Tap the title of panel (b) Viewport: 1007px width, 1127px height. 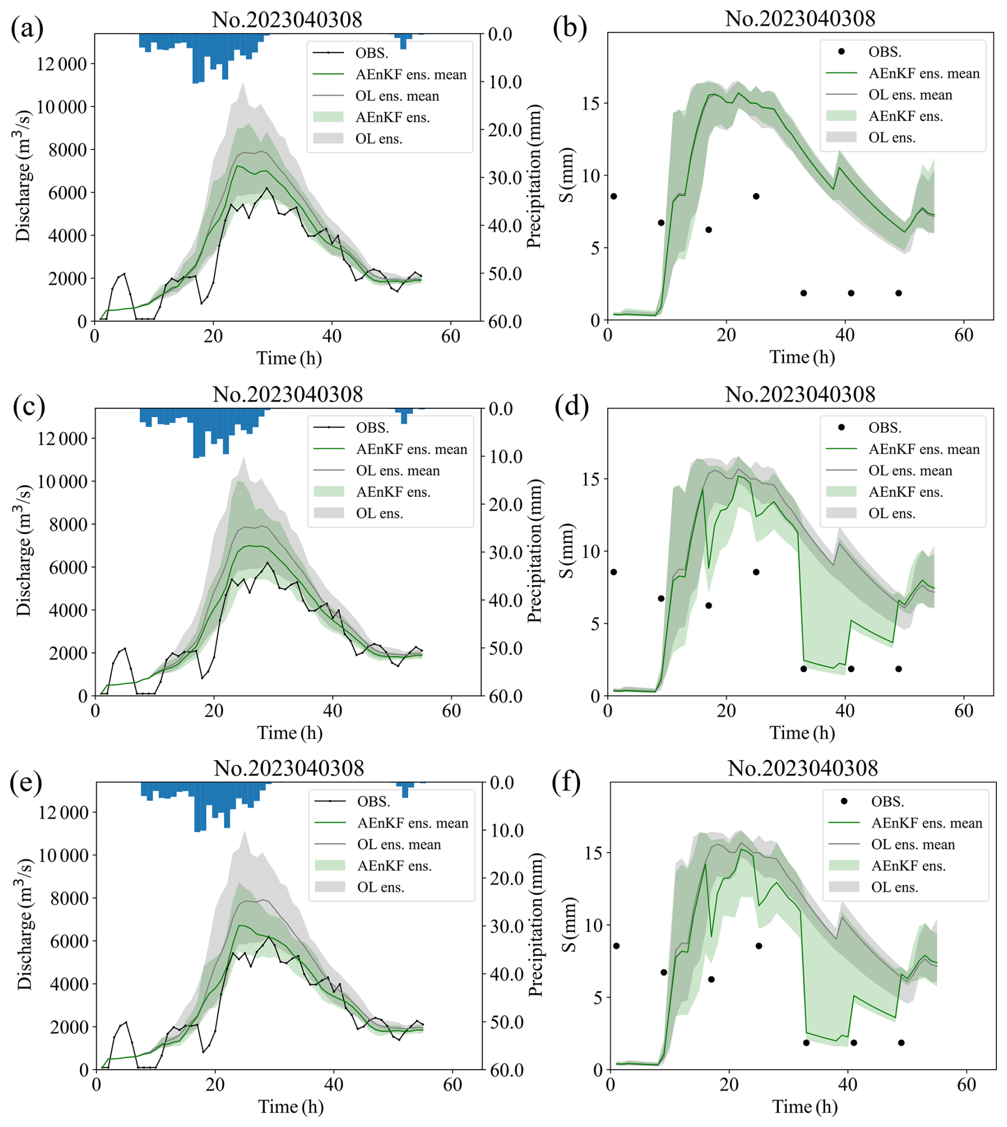(800, 19)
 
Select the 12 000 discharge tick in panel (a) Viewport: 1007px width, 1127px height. (62, 64)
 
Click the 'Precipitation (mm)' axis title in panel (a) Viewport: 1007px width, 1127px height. (534, 178)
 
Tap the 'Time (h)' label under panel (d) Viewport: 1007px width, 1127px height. (802, 733)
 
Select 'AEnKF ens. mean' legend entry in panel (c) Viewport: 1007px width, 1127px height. (411, 449)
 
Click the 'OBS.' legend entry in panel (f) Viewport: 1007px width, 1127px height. (887, 801)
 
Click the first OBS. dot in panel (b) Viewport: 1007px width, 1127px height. (614, 196)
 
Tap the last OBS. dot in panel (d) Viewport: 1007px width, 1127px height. (898, 669)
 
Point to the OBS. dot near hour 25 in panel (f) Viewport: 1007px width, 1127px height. (758, 946)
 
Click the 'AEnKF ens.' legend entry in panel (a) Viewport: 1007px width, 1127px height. (392, 117)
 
